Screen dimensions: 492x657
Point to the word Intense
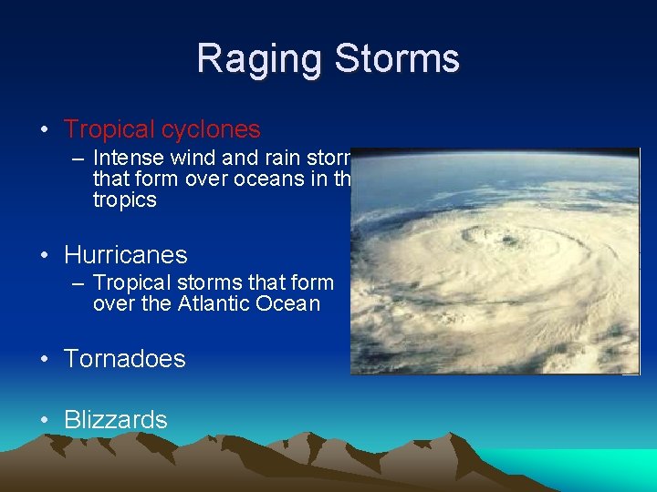pos(128,158)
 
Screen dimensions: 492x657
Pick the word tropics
pos(124,200)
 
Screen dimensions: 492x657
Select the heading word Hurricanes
pos(125,255)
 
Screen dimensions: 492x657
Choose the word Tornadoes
pos(124,359)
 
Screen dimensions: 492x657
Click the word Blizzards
pos(116,420)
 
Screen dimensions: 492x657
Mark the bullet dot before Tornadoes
pos(45,360)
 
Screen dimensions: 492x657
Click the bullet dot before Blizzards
pos(45,421)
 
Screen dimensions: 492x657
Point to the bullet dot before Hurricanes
pos(45,256)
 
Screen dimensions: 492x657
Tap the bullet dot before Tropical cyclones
pos(45,131)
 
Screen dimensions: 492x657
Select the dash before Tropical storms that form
pos(78,283)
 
